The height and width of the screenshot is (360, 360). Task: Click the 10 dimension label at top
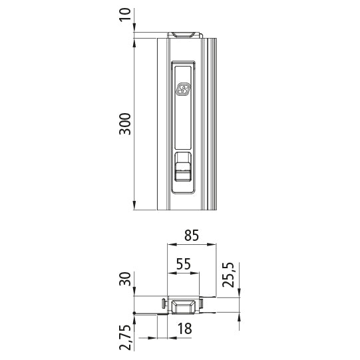(x=125, y=15)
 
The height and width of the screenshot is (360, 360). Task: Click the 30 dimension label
(x=125, y=280)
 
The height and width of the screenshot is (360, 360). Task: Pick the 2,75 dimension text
(x=125, y=337)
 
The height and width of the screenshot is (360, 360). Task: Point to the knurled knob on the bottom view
(x=164, y=305)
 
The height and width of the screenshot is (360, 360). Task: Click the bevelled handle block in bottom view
(x=183, y=305)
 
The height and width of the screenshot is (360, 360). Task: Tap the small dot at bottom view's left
(x=135, y=313)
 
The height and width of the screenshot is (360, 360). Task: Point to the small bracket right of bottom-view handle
(x=203, y=306)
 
